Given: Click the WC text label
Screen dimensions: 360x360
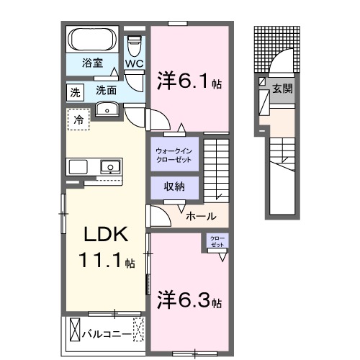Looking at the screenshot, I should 135,63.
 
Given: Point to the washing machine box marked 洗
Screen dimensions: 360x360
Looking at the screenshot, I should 75,91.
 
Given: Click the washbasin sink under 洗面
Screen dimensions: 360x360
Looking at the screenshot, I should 107,109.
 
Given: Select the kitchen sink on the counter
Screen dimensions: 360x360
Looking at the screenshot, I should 110,167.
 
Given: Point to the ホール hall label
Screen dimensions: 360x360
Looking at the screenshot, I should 199,215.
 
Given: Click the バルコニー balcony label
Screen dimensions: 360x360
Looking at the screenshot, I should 104,334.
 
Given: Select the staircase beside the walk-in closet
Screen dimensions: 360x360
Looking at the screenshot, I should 215,168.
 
